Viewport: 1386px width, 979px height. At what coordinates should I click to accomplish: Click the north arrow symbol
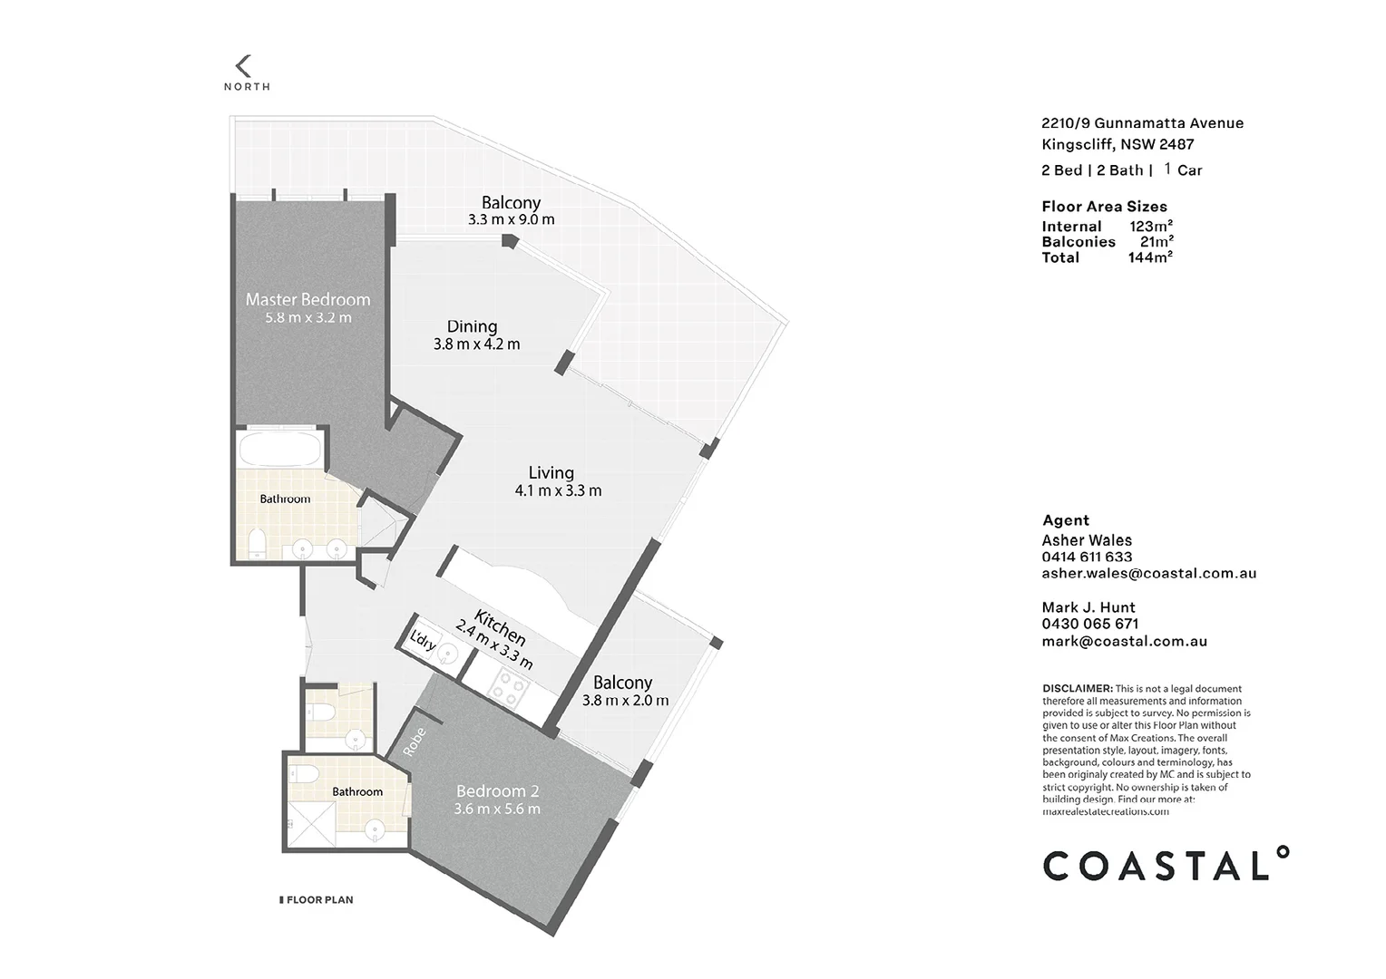tap(242, 66)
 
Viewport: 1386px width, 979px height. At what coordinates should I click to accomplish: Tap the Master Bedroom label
tap(307, 299)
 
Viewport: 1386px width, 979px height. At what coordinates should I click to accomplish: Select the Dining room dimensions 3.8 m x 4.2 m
tap(476, 344)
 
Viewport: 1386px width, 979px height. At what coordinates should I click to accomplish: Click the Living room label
tap(551, 472)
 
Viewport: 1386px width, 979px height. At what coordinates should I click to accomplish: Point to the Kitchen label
tap(500, 628)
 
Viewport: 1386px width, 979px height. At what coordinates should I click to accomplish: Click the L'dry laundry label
tap(424, 642)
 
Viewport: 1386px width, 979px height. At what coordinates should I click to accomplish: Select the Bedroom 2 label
tap(497, 790)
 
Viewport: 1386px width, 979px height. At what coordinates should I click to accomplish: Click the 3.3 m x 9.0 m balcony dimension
tap(511, 219)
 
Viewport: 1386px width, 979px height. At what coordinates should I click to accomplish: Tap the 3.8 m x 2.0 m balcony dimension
tap(625, 701)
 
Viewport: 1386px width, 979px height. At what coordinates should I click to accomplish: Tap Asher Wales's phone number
tap(1087, 557)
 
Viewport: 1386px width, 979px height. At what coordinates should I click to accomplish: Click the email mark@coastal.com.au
tap(1124, 641)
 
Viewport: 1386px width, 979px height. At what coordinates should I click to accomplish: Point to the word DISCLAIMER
tap(1077, 689)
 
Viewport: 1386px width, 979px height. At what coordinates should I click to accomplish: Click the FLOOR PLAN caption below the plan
tap(319, 900)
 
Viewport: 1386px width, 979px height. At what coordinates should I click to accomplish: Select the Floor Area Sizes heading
tap(1104, 207)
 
